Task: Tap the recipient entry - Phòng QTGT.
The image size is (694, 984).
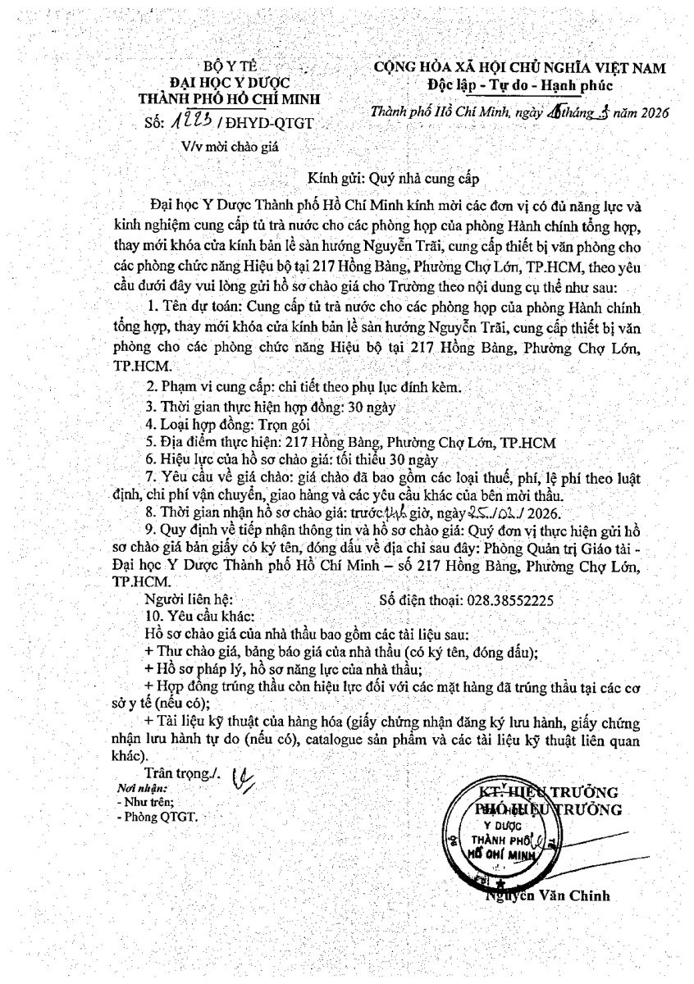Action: pos(158,818)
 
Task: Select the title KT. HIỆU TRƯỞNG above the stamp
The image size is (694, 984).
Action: pos(549,792)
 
